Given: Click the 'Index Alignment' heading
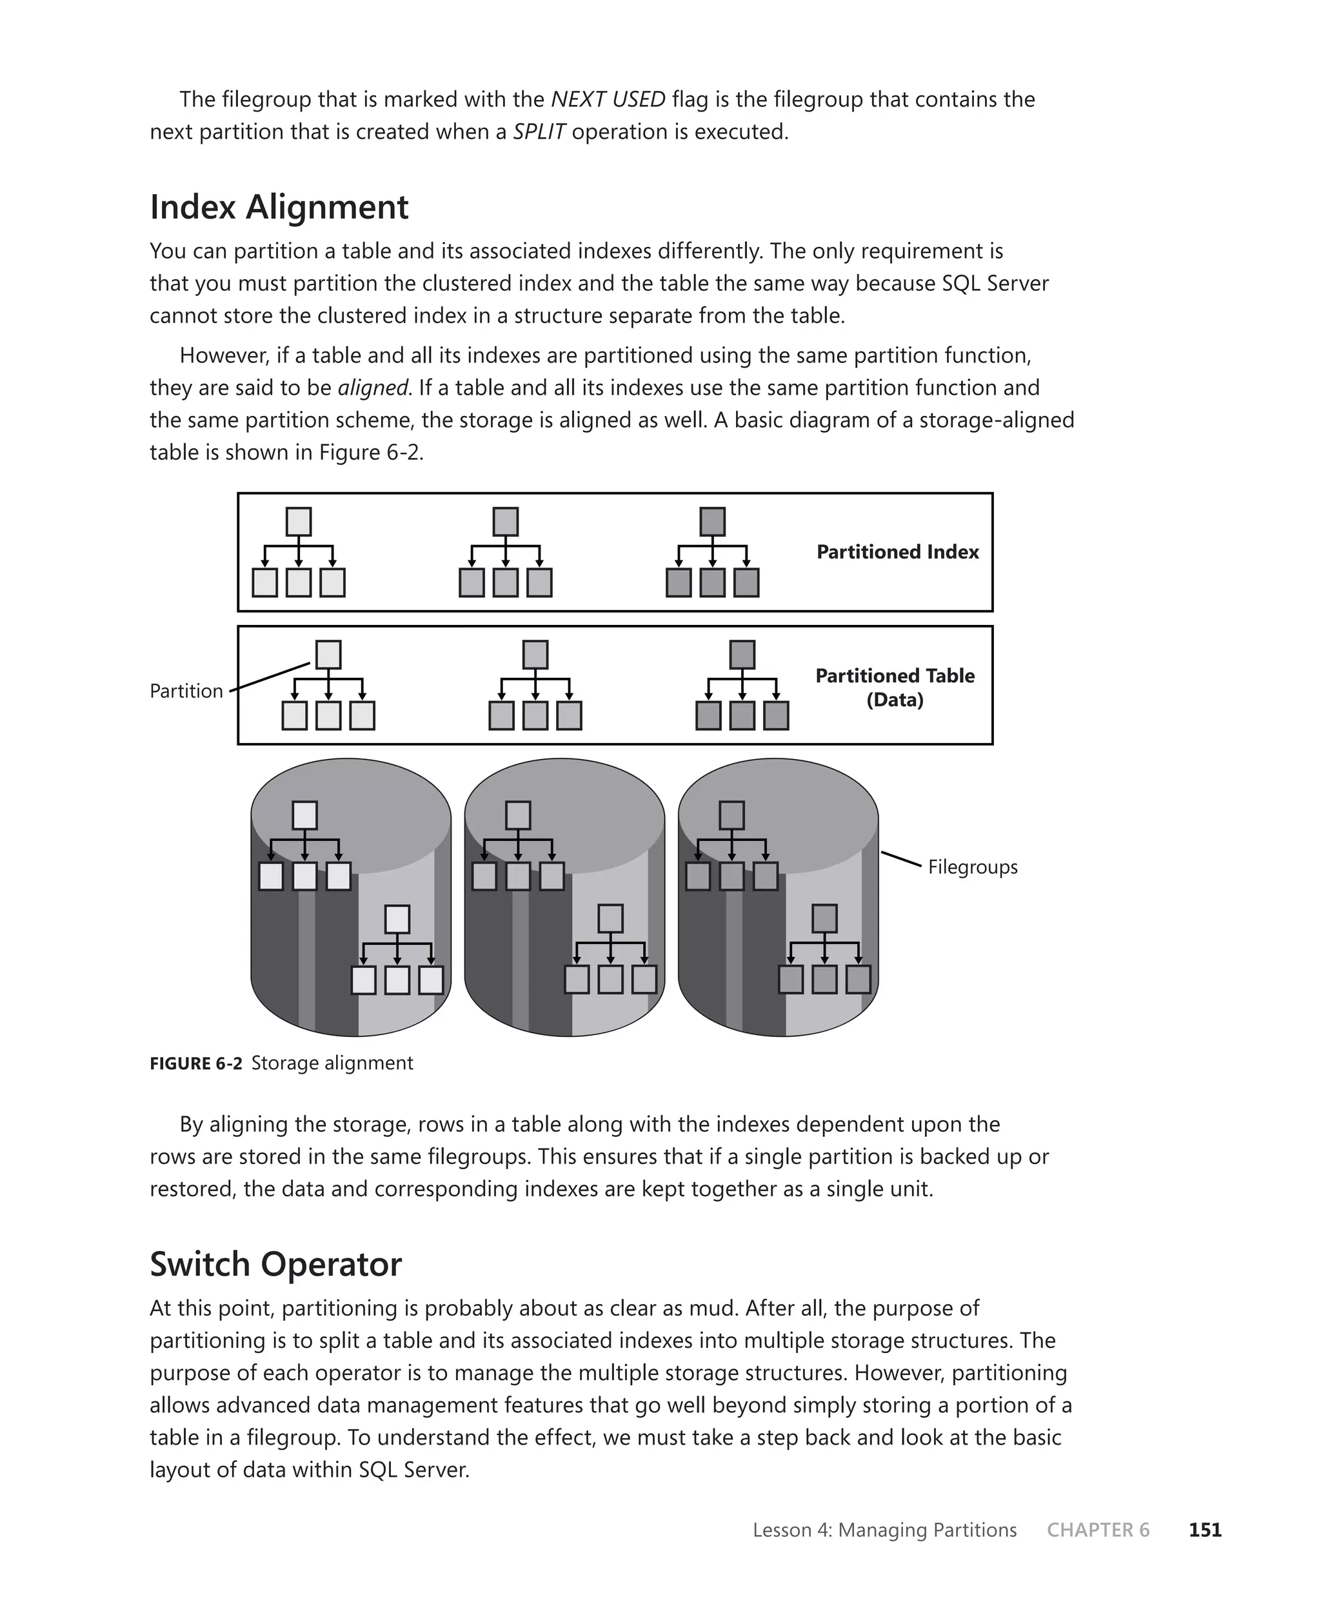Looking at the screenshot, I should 279,208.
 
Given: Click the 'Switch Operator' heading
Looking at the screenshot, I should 275,1264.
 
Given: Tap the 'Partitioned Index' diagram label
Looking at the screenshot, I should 897,552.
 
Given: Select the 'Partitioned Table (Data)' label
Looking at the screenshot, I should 894,687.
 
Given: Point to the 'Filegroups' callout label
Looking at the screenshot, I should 972,867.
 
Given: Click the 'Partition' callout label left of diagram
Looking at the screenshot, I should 186,691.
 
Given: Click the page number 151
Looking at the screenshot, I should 1205,1530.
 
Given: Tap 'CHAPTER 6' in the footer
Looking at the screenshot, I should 1097,1530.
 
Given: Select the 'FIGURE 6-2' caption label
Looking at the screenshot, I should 195,1063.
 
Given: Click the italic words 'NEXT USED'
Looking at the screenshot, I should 608,100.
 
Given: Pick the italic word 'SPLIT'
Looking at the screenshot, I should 538,132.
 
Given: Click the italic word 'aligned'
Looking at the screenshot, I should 373,388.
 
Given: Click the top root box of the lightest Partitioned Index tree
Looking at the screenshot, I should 298,522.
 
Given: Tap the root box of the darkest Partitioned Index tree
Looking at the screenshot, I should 712,522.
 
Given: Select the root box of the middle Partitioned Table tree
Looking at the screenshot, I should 535,655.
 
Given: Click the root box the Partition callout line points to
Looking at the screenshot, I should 328,655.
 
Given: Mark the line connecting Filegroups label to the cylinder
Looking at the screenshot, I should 902,860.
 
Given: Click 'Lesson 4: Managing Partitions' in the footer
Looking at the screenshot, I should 884,1530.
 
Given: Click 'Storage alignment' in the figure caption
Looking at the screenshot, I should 332,1063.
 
